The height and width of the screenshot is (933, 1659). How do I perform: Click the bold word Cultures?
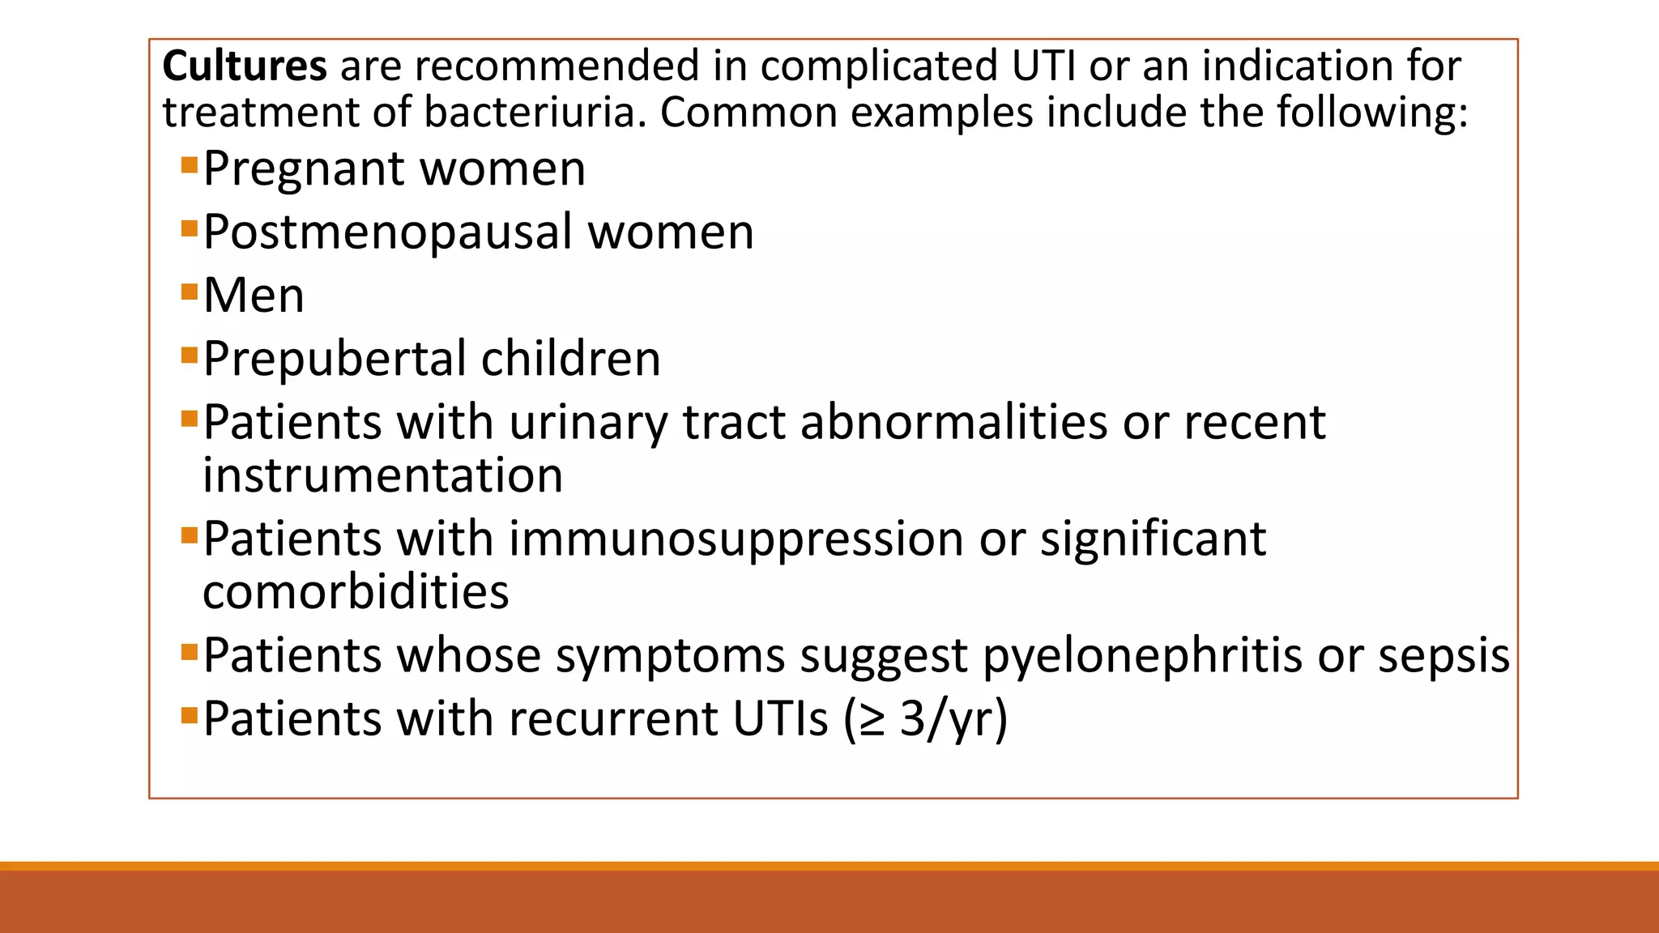coord(245,66)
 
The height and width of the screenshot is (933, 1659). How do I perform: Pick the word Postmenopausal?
coord(387,232)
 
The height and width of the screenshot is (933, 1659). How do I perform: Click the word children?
coord(570,359)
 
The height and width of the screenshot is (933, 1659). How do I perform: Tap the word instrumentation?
coord(382,475)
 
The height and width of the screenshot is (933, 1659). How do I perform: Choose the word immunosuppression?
coord(736,539)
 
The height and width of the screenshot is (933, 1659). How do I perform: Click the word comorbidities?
coord(356,592)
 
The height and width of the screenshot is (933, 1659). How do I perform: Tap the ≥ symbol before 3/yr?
coord(872,720)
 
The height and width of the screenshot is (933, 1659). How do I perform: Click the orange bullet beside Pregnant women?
coord(190,165)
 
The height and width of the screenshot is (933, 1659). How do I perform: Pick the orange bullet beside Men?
coord(190,292)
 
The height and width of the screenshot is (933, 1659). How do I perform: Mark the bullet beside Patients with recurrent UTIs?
coord(190,715)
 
